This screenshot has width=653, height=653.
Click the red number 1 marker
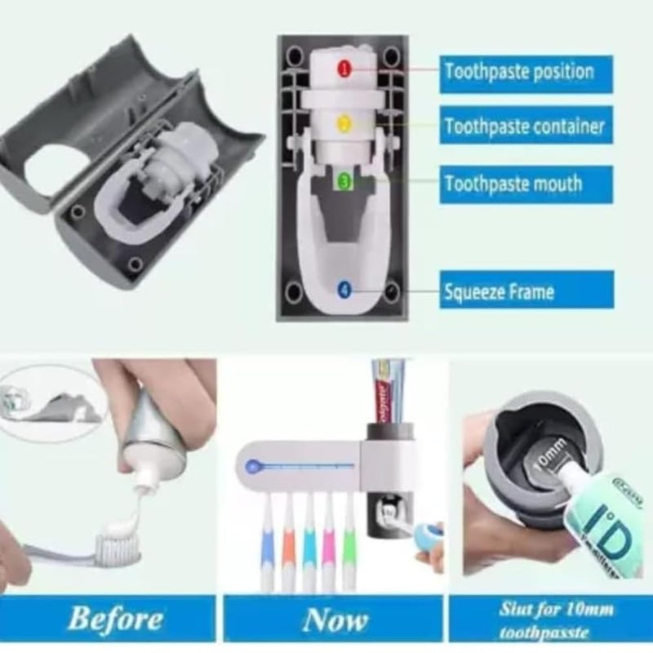click(344, 70)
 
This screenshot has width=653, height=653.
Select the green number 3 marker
click(345, 181)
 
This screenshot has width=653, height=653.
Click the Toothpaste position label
click(518, 71)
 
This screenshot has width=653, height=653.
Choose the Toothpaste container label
click(524, 127)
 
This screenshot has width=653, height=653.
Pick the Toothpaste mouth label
click(513, 183)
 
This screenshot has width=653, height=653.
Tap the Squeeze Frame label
click(498, 291)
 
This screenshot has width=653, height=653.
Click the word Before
click(115, 619)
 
